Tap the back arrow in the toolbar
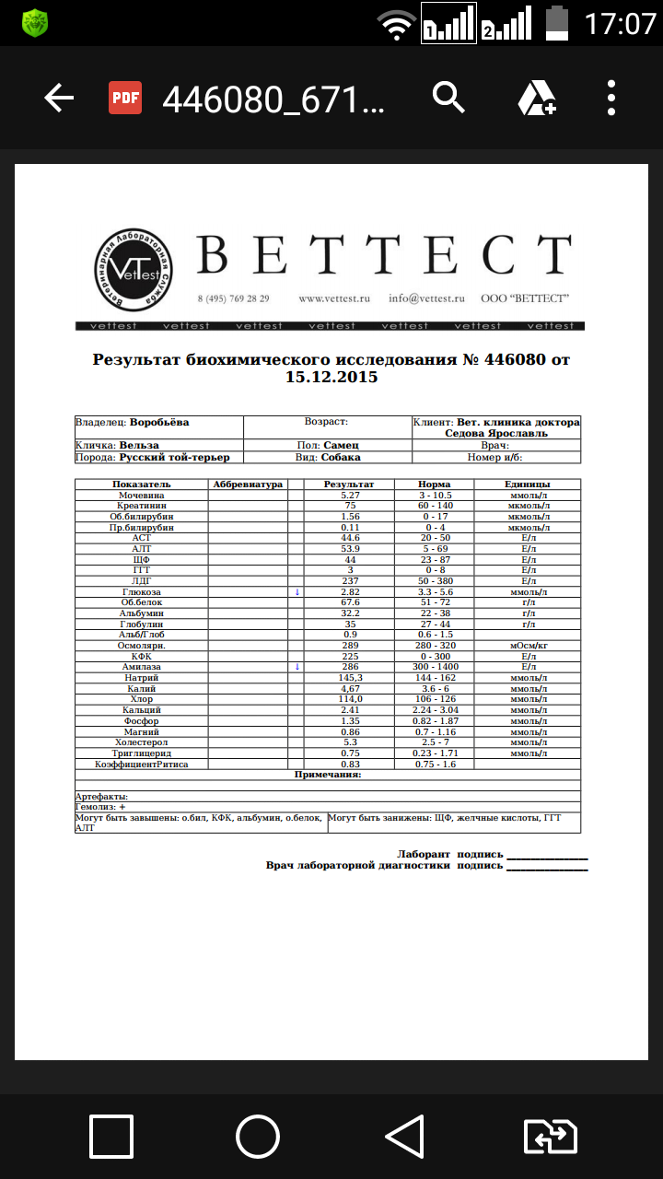[59, 98]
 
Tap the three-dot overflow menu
[611, 98]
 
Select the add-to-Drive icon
[535, 98]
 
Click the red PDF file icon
[125, 98]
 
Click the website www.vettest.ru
[333, 298]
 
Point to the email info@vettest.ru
[426, 298]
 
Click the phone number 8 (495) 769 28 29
[233, 298]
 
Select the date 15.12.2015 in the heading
[331, 377]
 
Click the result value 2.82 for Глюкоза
[349, 591]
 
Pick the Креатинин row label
[141, 506]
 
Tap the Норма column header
[434, 484]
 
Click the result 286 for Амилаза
[349, 665]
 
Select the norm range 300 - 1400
[434, 665]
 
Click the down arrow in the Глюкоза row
[297, 591]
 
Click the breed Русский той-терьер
[174, 457]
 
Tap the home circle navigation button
[258, 1137]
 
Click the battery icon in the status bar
[557, 22]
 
